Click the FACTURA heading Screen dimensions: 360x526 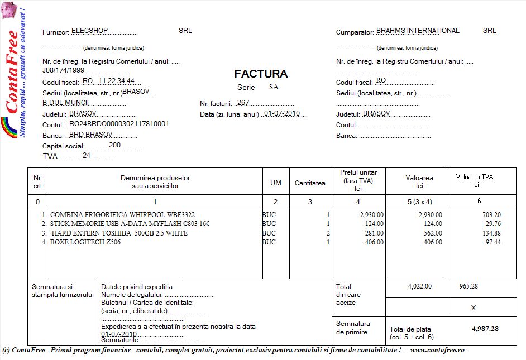(x=261, y=74)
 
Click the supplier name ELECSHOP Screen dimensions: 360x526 (x=89, y=31)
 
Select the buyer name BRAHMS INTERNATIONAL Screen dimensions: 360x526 (x=418, y=31)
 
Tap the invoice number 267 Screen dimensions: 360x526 (x=243, y=103)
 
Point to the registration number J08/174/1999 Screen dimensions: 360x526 (x=64, y=71)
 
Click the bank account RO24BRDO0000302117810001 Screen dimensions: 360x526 (x=118, y=123)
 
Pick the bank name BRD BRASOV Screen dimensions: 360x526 (x=90, y=135)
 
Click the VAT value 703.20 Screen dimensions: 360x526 (x=491, y=214)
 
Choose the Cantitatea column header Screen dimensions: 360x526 (x=310, y=183)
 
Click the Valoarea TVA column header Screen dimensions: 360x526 (x=475, y=180)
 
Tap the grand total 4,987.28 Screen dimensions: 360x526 (x=485, y=329)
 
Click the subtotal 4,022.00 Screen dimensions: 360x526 (x=420, y=286)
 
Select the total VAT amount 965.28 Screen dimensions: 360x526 (x=468, y=286)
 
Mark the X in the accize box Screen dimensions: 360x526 (x=474, y=308)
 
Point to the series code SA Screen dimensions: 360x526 (x=274, y=87)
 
